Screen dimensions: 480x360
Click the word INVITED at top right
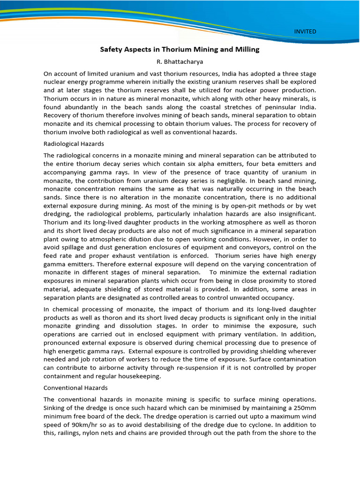click(x=305, y=31)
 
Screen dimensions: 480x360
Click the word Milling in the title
click(x=246, y=49)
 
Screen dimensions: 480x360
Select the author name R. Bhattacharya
click(x=180, y=61)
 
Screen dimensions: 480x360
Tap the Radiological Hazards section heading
click(x=74, y=143)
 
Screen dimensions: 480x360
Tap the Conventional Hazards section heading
click(x=75, y=388)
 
